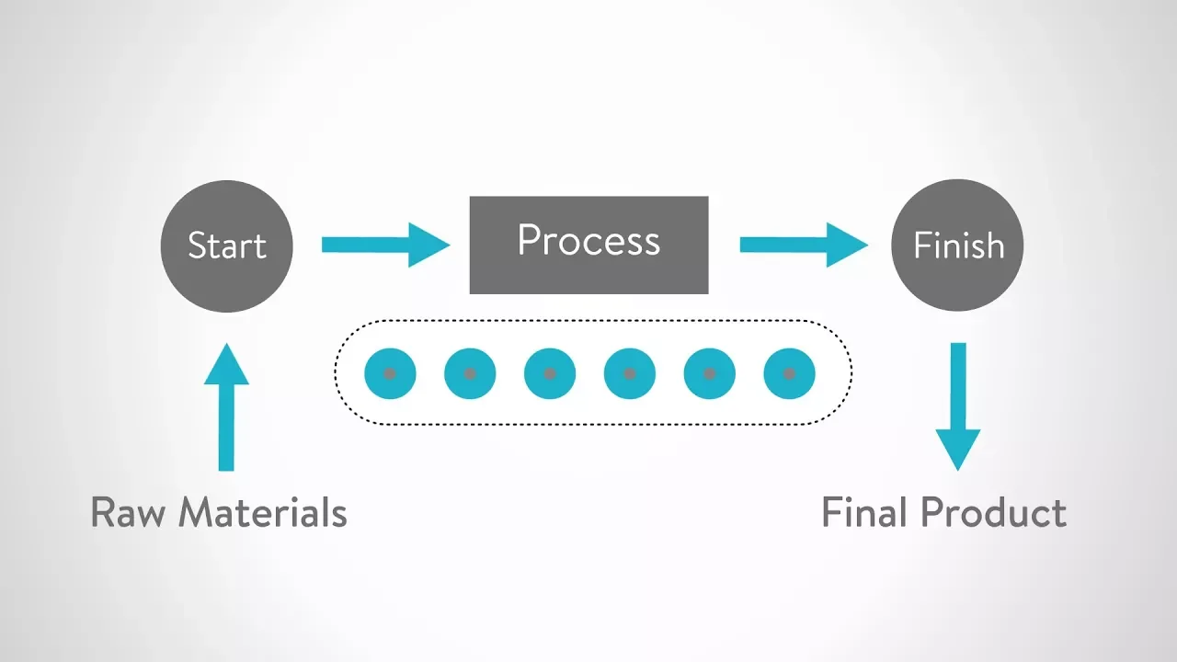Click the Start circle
226,245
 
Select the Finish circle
958,245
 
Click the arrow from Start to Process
384,245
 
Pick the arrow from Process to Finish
803,245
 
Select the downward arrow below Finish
958,405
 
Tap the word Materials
263,512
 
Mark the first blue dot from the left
390,374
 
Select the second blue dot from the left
470,374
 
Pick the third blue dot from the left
550,374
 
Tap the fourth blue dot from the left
630,374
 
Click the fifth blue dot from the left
710,374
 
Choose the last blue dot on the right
789,374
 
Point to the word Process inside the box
588,240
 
